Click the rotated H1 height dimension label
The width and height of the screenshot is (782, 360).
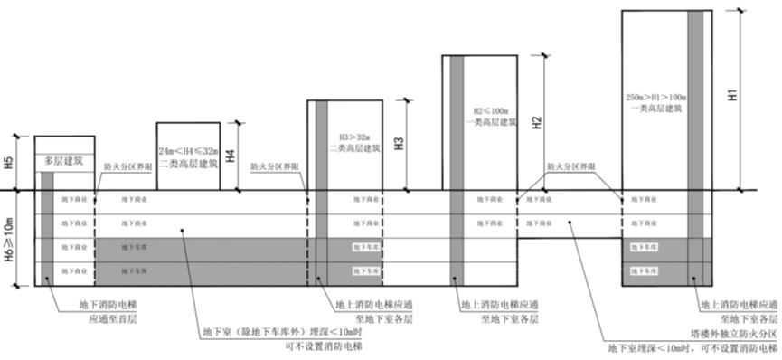734,93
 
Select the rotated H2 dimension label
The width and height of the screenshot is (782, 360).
536,121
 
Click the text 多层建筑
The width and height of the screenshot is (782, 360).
63,161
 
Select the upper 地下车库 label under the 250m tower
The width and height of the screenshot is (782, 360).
655,246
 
